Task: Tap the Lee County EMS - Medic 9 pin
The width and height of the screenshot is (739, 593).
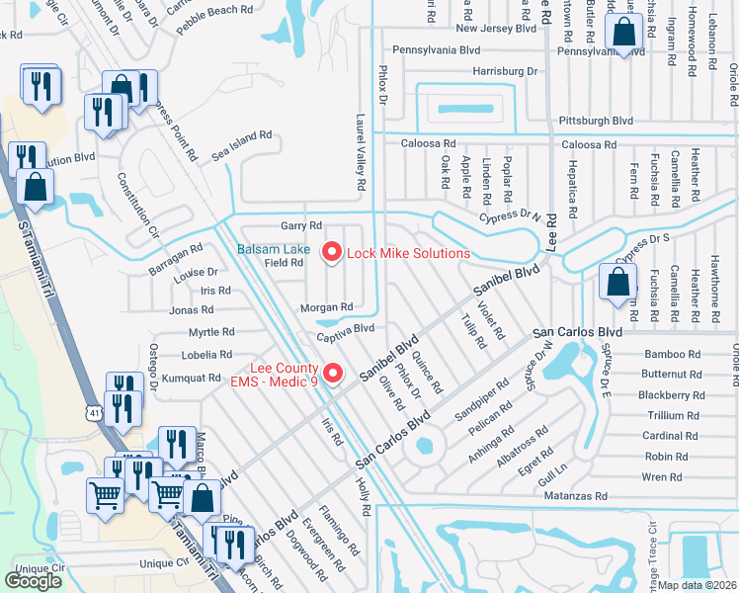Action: [333, 373]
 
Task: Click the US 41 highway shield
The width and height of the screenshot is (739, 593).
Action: [93, 410]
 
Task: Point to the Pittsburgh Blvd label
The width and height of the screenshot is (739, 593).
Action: [595, 121]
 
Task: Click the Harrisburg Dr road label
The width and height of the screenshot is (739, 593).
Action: [504, 72]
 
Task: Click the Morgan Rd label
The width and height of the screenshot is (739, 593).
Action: [327, 307]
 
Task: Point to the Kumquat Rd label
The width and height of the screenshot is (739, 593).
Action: [193, 378]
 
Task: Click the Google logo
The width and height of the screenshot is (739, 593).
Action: [33, 581]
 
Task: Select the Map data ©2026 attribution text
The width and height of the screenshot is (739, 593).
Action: [698, 585]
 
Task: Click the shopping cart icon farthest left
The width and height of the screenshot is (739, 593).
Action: [105, 495]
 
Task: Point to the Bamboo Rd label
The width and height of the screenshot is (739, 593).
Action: [671, 354]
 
